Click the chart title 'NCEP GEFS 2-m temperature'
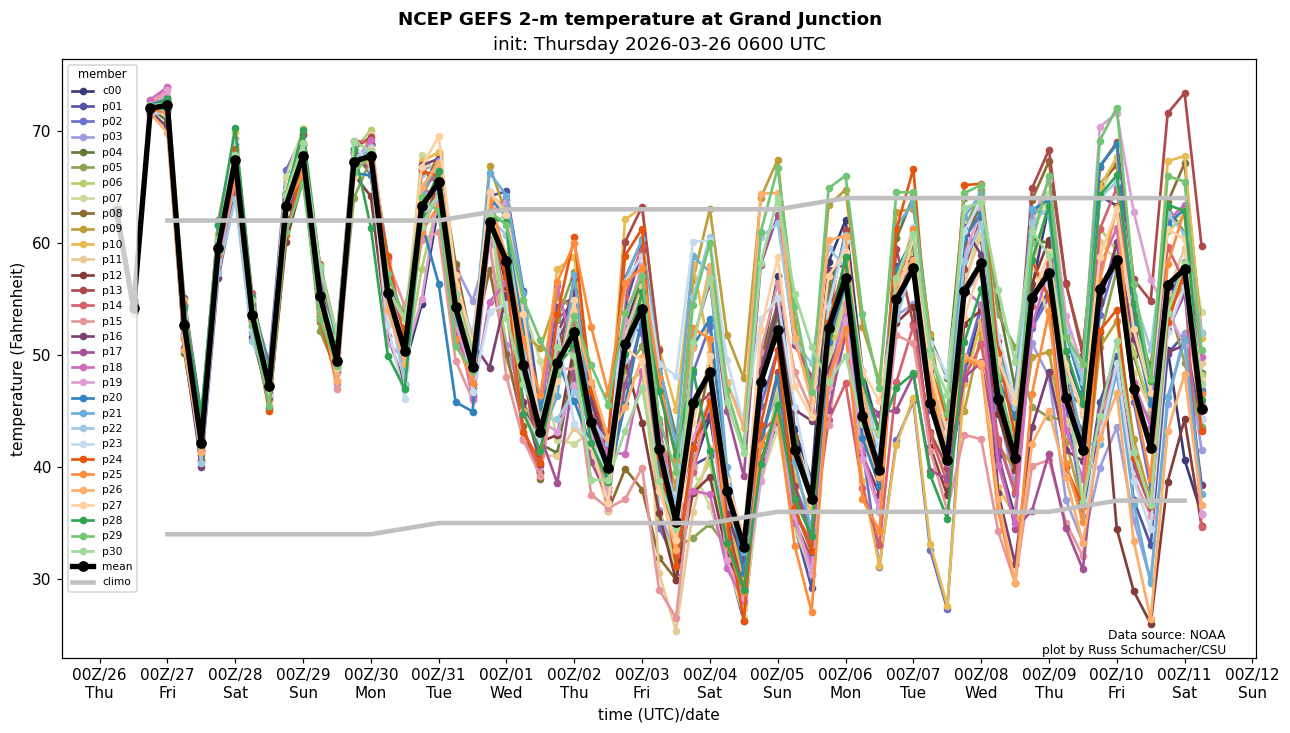[x=639, y=19]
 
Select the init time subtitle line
[x=659, y=44]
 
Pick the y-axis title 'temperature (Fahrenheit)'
[x=18, y=359]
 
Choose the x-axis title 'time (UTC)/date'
[x=658, y=714]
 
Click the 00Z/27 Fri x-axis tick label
[x=167, y=683]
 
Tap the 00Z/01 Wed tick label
[x=507, y=683]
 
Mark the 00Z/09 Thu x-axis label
[x=1050, y=683]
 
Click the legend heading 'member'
[x=102, y=74]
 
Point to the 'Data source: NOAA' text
[x=1166, y=635]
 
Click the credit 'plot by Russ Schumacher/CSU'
[x=1133, y=650]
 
